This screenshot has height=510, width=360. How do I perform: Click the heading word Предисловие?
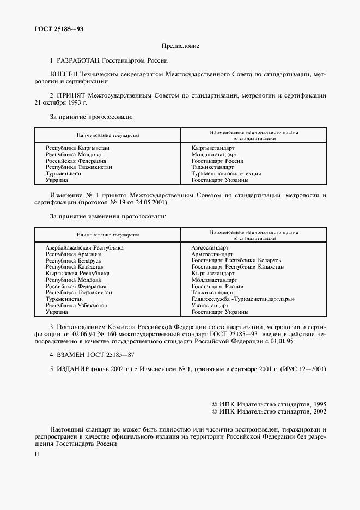click(180, 46)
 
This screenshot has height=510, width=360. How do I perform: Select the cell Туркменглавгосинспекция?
click(226, 174)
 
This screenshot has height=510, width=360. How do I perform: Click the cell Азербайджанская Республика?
click(84, 247)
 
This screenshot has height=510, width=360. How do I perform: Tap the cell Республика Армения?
click(73, 254)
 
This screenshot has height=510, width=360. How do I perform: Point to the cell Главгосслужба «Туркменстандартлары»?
click(243, 299)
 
